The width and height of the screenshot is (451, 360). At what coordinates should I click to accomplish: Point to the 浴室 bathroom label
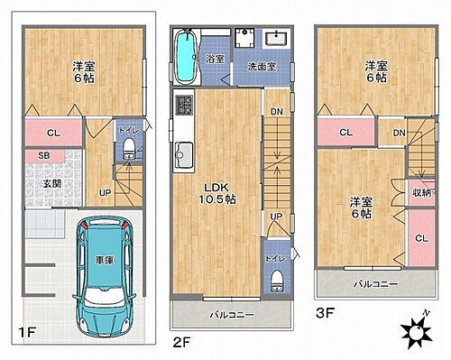tap(215, 59)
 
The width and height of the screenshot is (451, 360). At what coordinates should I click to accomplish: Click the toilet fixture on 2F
tap(277, 275)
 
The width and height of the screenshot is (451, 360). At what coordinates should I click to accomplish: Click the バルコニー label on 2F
tap(232, 315)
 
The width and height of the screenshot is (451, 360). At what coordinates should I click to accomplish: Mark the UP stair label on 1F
tap(106, 192)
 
